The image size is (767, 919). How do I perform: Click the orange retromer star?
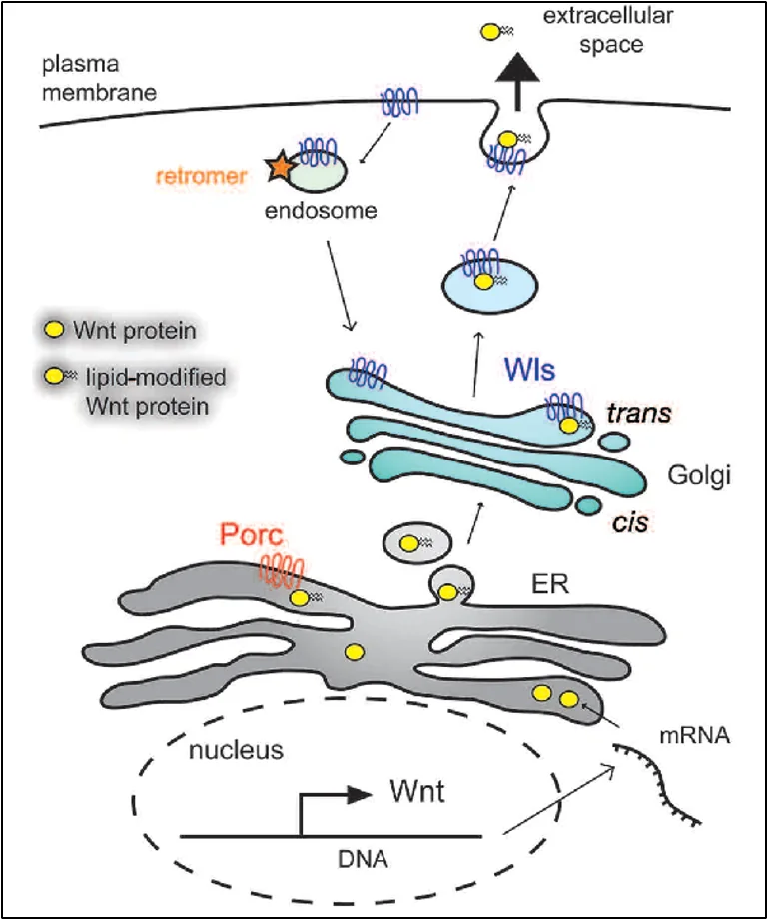280,166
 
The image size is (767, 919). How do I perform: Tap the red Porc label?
251,534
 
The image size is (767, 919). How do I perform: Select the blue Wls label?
529,370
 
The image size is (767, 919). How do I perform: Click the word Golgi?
700,475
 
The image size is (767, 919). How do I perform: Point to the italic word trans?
639,414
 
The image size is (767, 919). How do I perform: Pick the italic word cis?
630,522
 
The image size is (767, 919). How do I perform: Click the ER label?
550,584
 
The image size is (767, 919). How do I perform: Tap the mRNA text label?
695,735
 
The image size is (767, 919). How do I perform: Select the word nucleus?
236,750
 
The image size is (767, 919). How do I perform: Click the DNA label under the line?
363,859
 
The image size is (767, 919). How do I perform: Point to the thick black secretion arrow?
517,81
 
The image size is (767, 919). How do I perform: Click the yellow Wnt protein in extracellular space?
489,32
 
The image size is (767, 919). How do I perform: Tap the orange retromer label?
201,176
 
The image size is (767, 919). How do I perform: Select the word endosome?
321,211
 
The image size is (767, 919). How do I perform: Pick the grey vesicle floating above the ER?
417,543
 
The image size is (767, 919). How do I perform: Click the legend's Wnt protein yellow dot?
54,329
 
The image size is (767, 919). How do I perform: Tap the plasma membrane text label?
99,78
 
